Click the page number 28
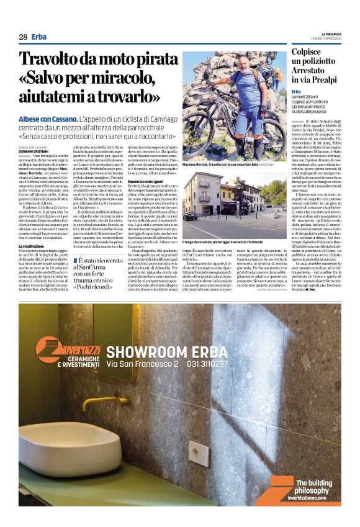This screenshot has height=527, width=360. pos(22,37)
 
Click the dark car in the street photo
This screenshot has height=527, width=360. pos(190,215)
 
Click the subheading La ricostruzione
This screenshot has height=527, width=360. pos(32,246)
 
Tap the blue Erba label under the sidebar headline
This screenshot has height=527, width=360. pos(297,91)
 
